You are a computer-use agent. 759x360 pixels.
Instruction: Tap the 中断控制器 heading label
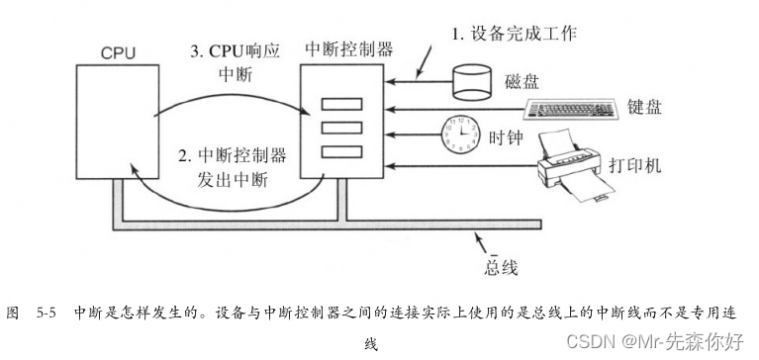click(x=349, y=46)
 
